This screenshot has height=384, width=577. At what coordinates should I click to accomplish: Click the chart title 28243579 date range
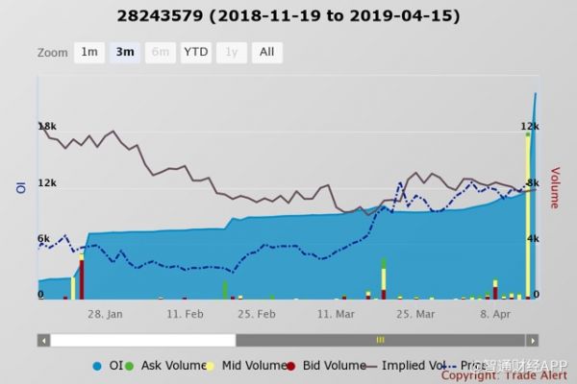coord(288,16)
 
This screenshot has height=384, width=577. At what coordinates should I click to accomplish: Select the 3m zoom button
coord(124,53)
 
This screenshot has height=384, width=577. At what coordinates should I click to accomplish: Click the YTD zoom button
coord(195,53)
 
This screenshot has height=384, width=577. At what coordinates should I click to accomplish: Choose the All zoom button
coord(266,53)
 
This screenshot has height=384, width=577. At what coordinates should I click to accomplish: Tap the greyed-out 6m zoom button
coord(160,53)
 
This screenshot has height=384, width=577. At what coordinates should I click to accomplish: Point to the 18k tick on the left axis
coord(47,127)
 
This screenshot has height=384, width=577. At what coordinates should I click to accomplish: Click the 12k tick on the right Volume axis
coord(528,127)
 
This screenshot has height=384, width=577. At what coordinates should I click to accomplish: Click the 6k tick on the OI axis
coord(44,238)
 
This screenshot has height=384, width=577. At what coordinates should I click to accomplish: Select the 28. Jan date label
coord(105,313)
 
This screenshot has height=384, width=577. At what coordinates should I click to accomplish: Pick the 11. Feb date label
coord(185,313)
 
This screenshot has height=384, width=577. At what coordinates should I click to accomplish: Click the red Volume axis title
coord(555,188)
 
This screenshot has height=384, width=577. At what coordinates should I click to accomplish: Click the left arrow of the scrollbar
coord(44,340)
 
